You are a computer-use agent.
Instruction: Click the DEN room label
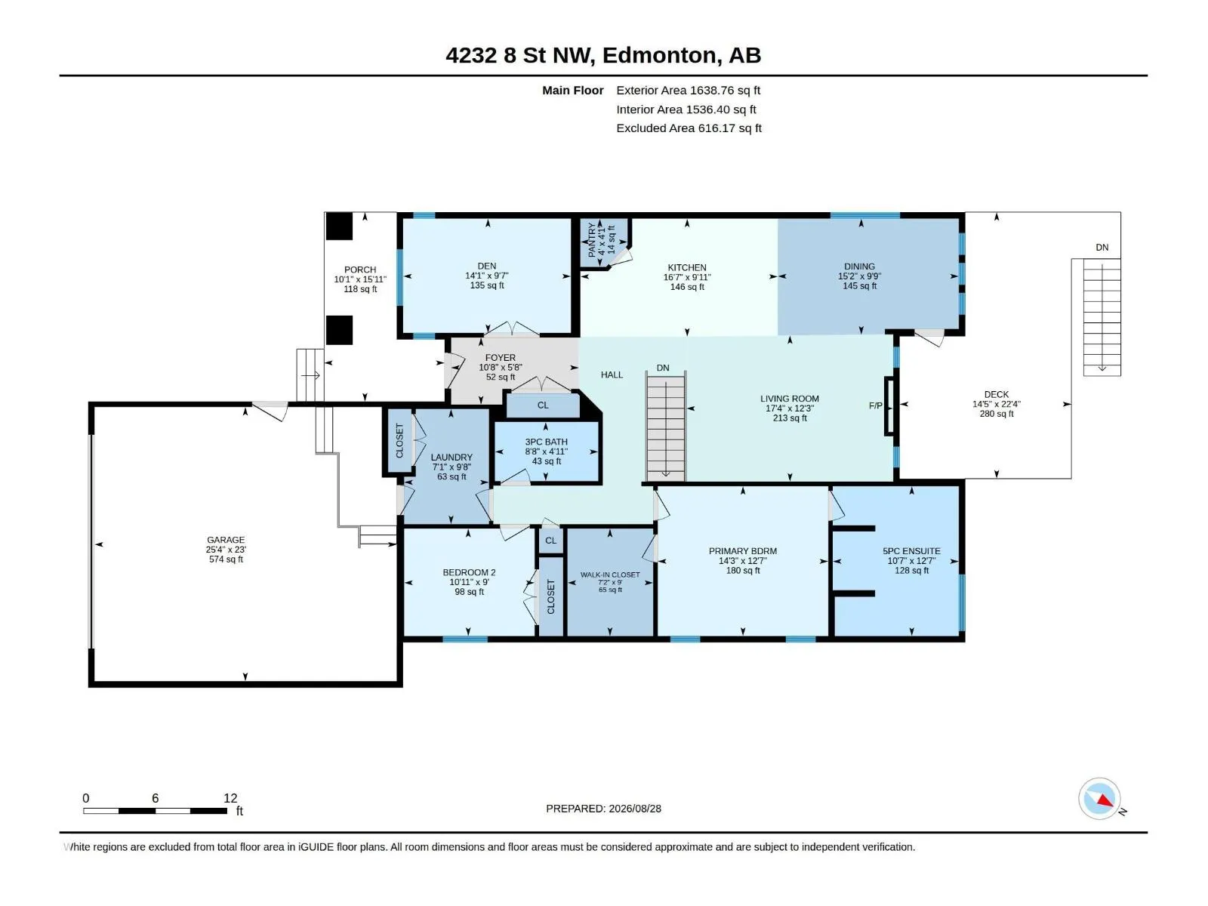(x=486, y=266)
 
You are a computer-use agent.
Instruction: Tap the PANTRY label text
(x=592, y=240)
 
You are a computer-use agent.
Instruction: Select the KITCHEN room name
(x=687, y=267)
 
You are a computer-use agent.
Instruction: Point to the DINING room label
(x=859, y=267)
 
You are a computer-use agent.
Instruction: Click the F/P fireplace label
(x=875, y=405)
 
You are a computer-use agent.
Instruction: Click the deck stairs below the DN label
(x=1102, y=317)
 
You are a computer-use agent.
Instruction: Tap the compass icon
(x=1099, y=798)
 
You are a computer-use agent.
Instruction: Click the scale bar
(x=156, y=810)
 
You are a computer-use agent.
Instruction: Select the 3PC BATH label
(x=546, y=442)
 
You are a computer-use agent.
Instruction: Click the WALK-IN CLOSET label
(x=610, y=575)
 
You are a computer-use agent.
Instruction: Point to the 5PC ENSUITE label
(x=911, y=551)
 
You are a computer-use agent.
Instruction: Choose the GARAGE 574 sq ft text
(x=226, y=559)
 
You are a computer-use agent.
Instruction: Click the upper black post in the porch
(x=339, y=226)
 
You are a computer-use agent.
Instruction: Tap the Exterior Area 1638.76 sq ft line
(x=688, y=90)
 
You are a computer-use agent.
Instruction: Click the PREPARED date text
(x=603, y=809)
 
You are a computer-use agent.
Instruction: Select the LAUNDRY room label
(x=451, y=457)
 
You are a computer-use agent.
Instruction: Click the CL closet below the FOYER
(x=543, y=405)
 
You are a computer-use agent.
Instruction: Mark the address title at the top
(x=603, y=55)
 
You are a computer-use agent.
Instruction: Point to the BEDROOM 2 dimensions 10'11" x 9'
(x=469, y=582)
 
